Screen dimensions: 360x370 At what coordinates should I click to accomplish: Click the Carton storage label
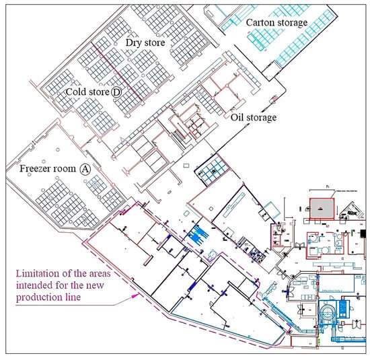pyautogui.click(x=276, y=23)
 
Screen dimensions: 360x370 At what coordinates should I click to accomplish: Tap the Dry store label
pyautogui.click(x=145, y=42)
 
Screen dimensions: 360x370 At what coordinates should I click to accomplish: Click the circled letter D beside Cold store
pyautogui.click(x=116, y=92)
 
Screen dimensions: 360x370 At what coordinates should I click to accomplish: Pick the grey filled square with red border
pyautogui.click(x=321, y=209)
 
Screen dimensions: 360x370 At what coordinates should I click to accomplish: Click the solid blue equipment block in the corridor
pyautogui.click(x=198, y=235)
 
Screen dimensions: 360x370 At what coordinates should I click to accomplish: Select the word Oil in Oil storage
pyautogui.click(x=237, y=118)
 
